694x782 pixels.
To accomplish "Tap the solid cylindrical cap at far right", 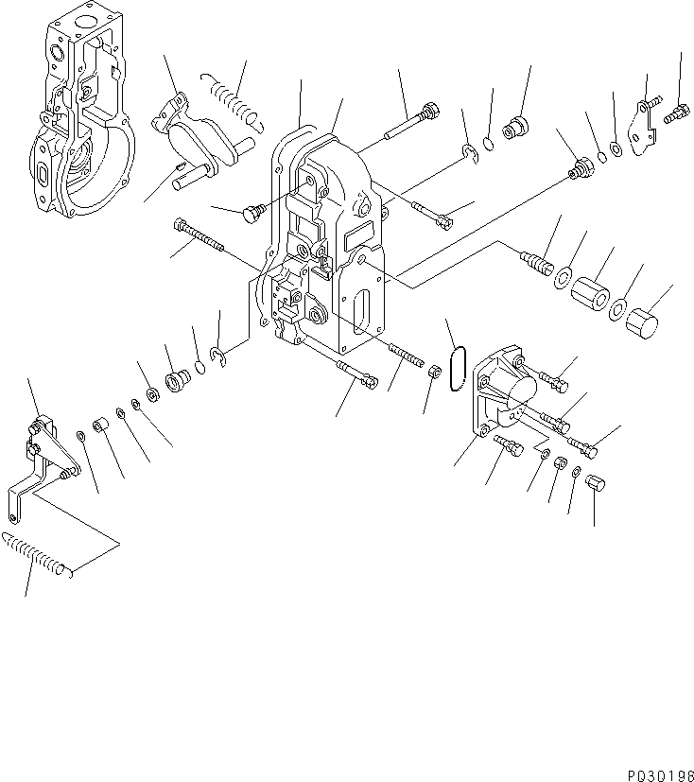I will coord(643,321).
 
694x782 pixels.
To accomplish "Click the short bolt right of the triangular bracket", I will coord(673,115).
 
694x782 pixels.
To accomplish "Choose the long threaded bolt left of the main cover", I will coord(199,236).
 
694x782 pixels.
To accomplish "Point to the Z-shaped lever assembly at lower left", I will coord(40,463).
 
